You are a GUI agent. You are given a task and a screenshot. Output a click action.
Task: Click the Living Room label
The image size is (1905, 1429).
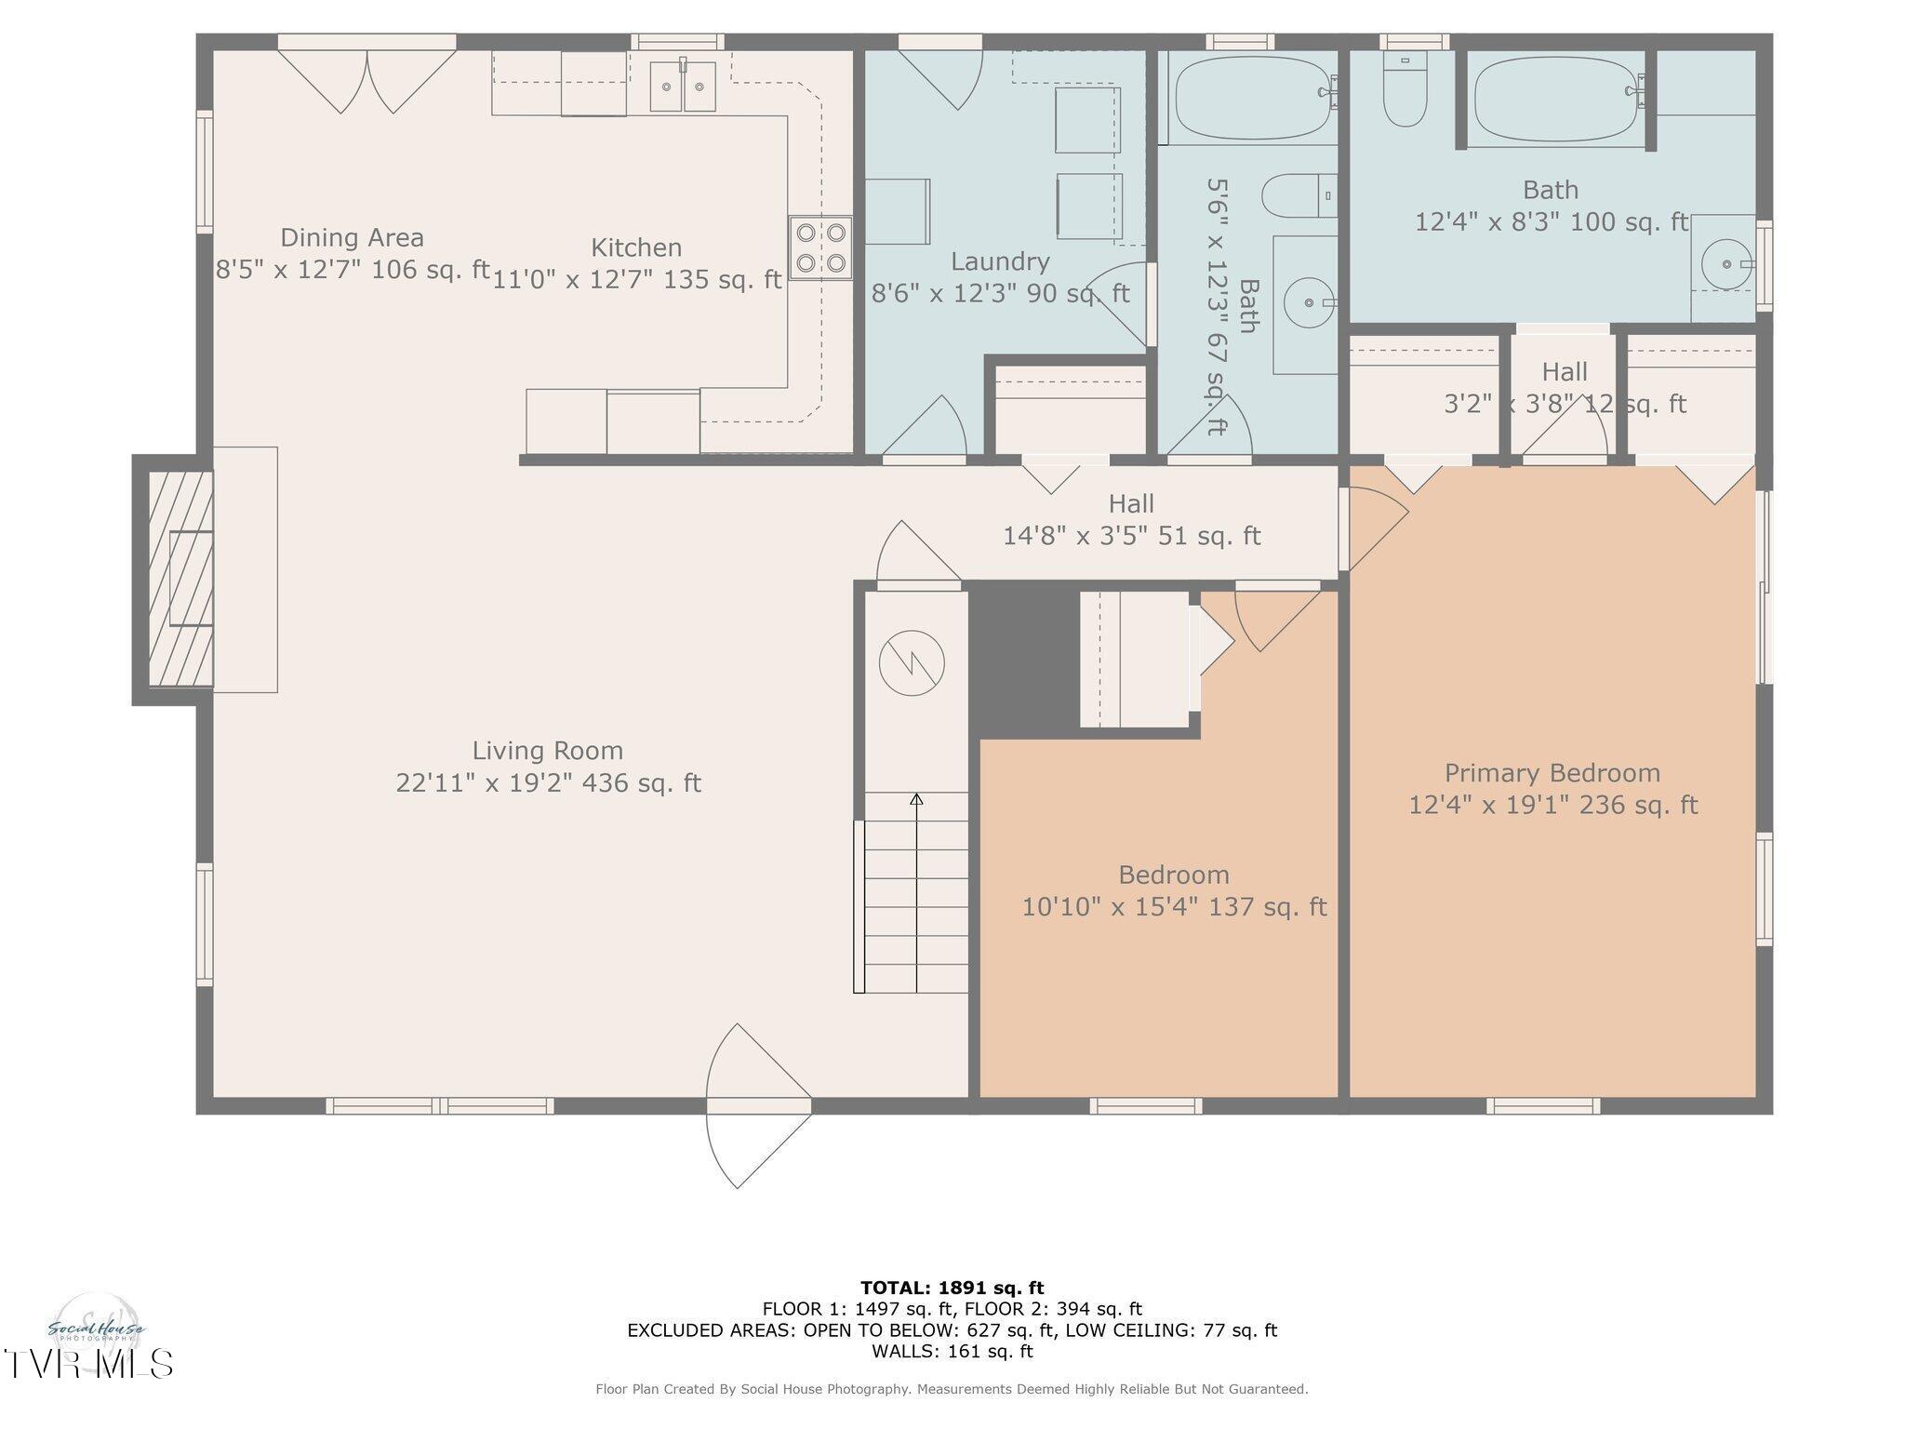coord(547,751)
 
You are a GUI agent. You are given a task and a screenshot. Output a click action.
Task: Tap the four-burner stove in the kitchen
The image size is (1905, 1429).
coord(820,247)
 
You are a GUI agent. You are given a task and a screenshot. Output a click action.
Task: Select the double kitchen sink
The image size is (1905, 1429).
coord(682,86)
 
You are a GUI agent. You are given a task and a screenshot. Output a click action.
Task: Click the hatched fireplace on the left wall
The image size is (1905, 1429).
coord(180,579)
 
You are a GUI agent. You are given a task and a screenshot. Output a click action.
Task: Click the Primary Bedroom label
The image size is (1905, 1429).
coord(1552,773)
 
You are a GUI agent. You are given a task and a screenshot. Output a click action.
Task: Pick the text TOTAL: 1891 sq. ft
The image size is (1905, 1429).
coord(952,1289)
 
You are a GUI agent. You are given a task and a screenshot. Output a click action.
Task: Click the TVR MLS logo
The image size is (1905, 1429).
coord(88,1363)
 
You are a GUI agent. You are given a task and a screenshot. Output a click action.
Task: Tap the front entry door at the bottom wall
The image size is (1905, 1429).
coord(758,1106)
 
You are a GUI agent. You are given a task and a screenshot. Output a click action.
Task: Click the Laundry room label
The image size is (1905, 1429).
coord(1000,261)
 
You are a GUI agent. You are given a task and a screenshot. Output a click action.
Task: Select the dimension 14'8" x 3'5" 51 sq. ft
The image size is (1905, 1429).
coord(1131,536)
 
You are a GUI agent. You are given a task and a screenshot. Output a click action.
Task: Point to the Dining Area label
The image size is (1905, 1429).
coord(352,238)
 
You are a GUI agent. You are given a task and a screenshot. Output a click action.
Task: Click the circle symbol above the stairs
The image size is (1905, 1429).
coord(912,663)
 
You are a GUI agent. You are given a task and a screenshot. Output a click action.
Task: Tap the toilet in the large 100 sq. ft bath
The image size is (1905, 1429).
coord(1405,93)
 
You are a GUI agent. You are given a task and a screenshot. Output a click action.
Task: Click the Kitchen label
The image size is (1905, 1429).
coord(636,247)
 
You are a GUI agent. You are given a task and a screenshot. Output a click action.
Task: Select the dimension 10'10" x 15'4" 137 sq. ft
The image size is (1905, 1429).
coord(1174,907)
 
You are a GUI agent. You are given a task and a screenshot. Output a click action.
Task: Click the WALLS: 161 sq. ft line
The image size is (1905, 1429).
coord(952,1351)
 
